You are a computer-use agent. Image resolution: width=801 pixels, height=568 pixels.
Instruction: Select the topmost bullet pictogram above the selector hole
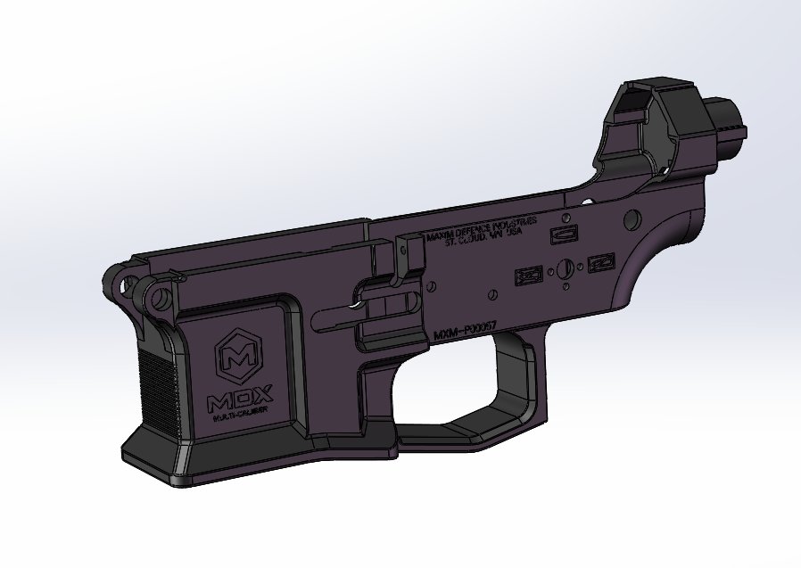(564, 234)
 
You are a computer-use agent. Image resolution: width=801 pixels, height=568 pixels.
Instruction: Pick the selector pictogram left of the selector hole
(528, 276)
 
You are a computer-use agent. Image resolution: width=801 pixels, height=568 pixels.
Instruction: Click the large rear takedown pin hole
(632, 218)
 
